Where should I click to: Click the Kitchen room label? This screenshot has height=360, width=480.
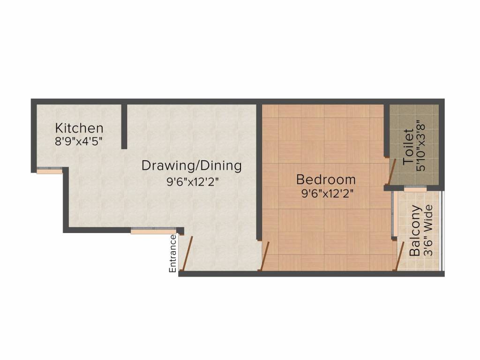(79, 128)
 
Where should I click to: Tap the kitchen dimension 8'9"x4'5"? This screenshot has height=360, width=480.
(79, 141)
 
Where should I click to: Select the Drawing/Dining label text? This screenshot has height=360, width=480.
(192, 165)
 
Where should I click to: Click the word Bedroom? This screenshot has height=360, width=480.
(326, 180)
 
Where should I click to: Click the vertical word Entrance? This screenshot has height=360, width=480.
(172, 253)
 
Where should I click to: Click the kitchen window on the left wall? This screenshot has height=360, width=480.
(49, 170)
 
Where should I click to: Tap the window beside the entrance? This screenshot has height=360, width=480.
(154, 230)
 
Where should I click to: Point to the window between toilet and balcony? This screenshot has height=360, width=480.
(415, 188)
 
